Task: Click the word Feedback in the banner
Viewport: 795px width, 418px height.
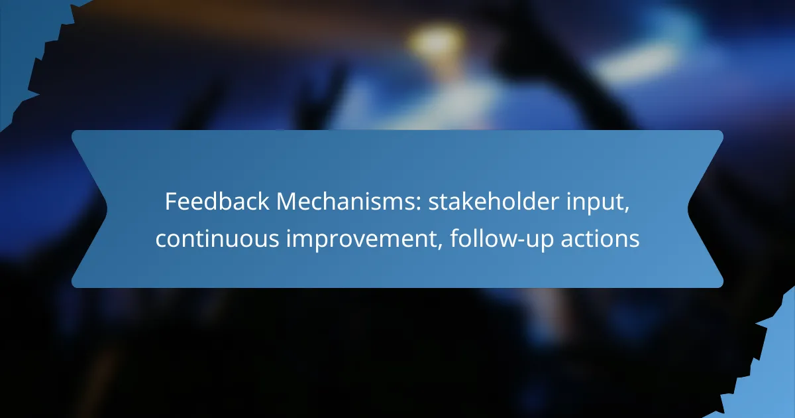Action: pos(217,202)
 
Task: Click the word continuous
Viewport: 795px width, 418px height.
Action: pos(217,238)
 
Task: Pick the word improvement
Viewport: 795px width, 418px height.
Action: pos(361,240)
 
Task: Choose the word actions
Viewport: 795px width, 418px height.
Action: pos(600,238)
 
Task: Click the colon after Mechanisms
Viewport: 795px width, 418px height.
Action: pos(418,204)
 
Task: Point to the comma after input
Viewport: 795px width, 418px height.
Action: pos(627,211)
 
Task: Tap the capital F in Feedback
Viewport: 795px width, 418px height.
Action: pos(171,202)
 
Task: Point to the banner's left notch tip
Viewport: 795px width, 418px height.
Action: pos(107,209)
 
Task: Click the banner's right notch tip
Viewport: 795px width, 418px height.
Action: pos(688,209)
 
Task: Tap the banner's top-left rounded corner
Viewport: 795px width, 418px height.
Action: pos(74,133)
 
